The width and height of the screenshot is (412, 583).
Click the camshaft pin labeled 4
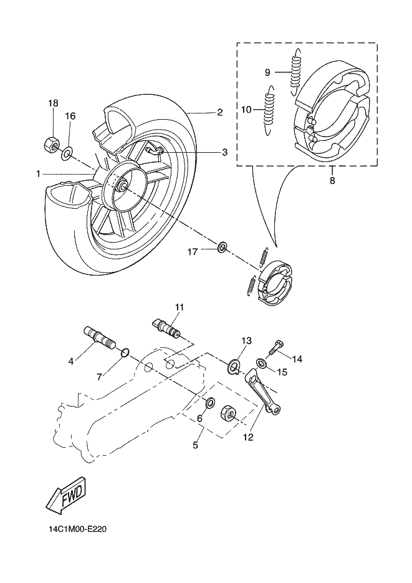[x=99, y=336]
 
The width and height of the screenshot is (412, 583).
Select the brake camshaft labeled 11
[x=167, y=327]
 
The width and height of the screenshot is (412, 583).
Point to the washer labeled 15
[x=261, y=362]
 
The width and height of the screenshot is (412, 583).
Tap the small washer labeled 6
[x=210, y=403]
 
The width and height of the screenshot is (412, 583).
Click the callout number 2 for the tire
[x=220, y=112]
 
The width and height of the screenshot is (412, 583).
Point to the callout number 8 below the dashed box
[x=332, y=181]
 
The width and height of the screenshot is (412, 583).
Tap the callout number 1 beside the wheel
[x=38, y=173]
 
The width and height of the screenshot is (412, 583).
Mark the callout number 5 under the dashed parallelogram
[x=196, y=445]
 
